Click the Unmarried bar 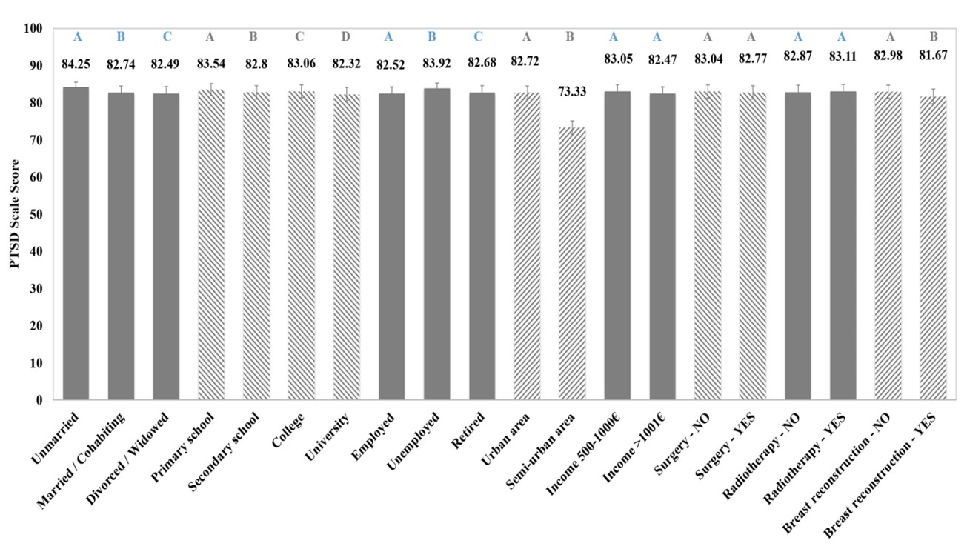click(76, 244)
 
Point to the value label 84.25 click(76, 64)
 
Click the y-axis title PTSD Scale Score click(15, 214)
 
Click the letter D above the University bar click(346, 36)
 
